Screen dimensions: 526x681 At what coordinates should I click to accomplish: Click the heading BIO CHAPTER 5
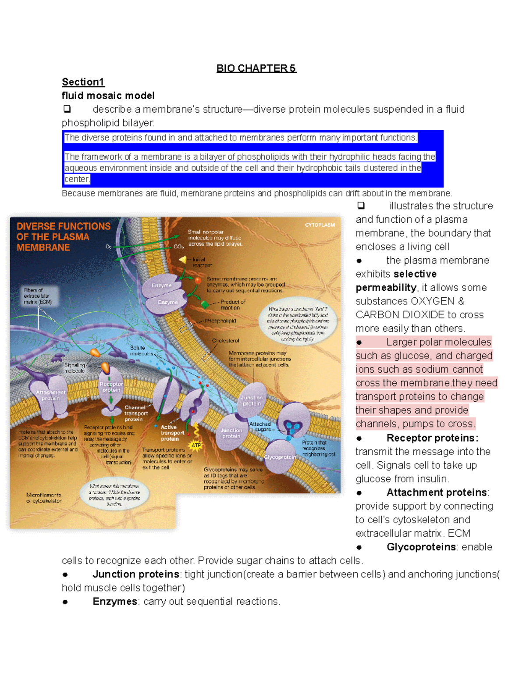tap(256, 68)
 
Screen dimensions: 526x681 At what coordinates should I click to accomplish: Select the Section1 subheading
tap(83, 82)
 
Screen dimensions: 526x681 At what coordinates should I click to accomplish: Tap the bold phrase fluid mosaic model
tap(108, 96)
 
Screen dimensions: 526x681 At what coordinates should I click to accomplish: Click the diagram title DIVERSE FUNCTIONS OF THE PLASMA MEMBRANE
tap(63, 237)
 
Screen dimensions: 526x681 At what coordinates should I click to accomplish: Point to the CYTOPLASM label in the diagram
tap(320, 225)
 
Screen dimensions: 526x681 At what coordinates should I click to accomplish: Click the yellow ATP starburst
tap(196, 446)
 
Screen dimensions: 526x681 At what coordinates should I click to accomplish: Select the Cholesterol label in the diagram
tap(226, 341)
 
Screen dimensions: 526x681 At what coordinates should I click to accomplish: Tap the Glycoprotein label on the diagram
tap(280, 457)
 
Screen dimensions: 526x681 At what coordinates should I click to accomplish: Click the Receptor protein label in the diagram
tap(111, 387)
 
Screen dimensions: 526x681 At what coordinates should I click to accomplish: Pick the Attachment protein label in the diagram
tap(51, 395)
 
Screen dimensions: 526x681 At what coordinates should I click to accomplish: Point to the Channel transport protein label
tap(136, 414)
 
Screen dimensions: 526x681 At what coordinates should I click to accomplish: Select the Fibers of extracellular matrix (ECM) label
tap(38, 296)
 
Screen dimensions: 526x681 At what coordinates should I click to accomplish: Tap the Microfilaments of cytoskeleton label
tap(44, 498)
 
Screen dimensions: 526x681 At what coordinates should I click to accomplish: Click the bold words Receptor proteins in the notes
tap(432, 438)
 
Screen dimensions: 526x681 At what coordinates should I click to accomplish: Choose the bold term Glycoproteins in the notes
tap(421, 547)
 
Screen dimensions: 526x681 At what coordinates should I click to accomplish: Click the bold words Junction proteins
tap(136, 574)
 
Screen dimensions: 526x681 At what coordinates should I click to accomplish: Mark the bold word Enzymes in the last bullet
tap(115, 602)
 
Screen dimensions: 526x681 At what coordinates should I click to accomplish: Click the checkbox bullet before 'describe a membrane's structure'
tap(67, 109)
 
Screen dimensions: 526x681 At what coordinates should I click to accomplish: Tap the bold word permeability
tap(386, 288)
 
